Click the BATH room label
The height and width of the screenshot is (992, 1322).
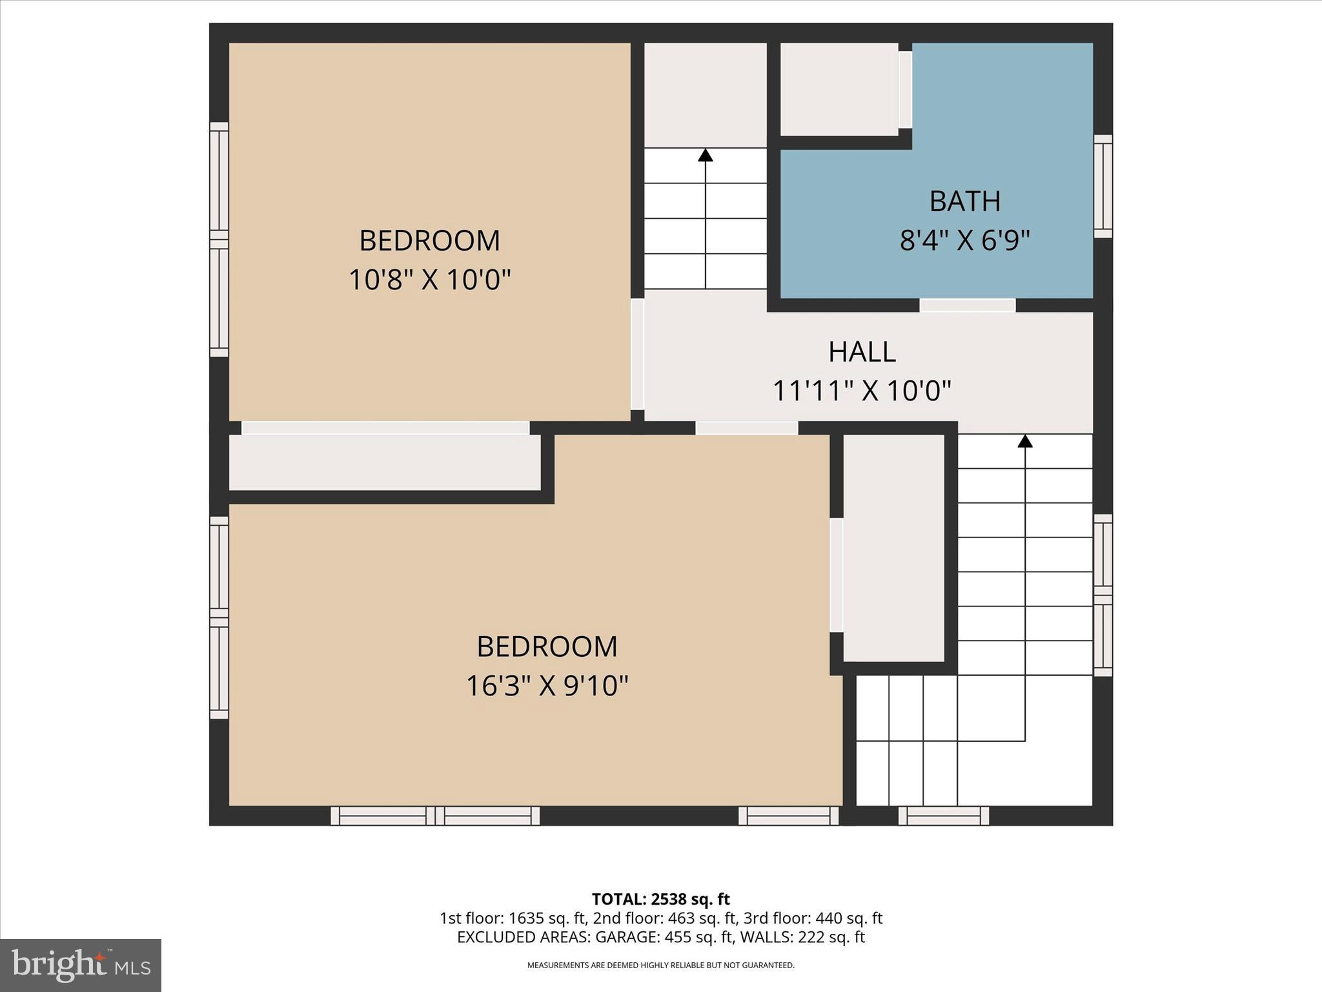[964, 201]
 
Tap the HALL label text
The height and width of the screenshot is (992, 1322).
[862, 352]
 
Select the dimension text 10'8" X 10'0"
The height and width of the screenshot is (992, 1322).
[429, 280]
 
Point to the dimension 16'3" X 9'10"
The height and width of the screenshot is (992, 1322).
[547, 686]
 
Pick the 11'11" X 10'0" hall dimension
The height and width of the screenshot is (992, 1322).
[862, 391]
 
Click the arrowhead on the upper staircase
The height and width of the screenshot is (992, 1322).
[706, 155]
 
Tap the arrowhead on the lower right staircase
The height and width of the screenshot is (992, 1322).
[1025, 441]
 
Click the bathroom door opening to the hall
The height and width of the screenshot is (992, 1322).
[967, 305]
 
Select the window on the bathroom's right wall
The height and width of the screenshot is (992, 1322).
[1103, 186]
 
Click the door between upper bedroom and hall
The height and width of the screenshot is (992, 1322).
[637, 354]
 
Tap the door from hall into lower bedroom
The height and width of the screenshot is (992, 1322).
[747, 428]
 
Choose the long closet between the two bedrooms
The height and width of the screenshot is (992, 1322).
[385, 462]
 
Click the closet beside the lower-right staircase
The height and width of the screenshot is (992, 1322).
[894, 548]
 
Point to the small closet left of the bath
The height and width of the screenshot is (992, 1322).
[839, 89]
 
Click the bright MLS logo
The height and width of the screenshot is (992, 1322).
[81, 965]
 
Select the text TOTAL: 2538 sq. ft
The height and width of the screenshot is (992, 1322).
[660, 899]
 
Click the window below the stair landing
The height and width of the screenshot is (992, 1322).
[943, 816]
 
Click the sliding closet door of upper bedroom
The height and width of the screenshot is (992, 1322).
[385, 428]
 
